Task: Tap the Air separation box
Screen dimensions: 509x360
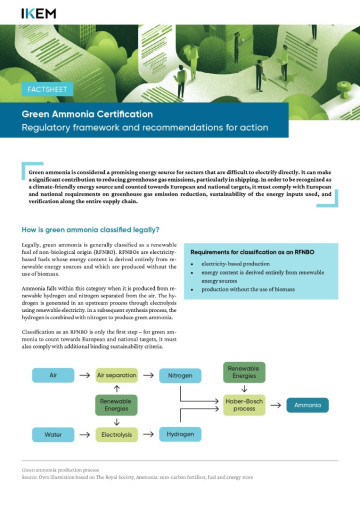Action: (117, 374)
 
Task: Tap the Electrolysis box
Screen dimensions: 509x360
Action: (117, 435)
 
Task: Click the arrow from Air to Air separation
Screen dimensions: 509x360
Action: (85, 374)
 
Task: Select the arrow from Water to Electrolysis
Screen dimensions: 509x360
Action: (85, 435)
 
